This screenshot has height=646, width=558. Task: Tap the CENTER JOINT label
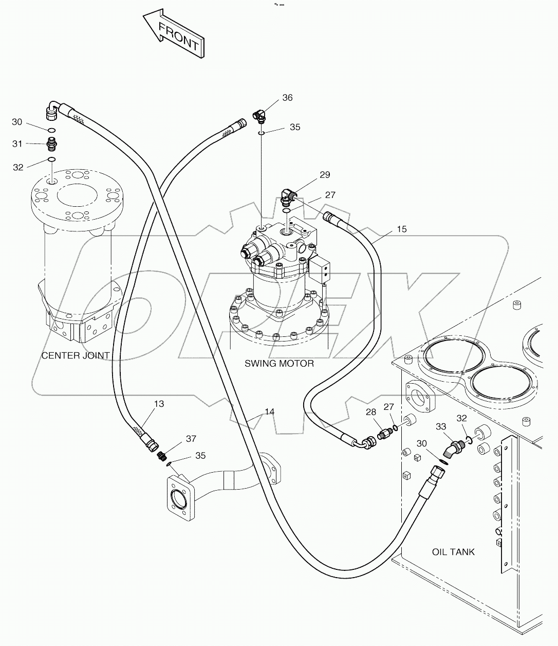(75, 355)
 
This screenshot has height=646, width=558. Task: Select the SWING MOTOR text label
(279, 364)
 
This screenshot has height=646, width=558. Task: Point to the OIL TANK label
(453, 552)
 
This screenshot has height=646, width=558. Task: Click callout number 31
(17, 143)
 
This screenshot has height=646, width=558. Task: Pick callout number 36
(287, 98)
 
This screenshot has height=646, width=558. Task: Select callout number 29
(324, 175)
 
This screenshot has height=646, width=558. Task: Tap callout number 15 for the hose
(402, 229)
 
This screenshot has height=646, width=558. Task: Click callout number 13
(159, 404)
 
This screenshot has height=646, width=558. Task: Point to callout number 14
(270, 411)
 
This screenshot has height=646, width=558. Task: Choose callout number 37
(191, 438)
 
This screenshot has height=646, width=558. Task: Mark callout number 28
(371, 412)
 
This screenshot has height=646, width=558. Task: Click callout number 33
(441, 426)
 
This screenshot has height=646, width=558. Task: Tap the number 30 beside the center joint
(17, 122)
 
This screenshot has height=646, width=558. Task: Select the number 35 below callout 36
(294, 127)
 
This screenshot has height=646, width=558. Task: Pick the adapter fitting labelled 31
(51, 142)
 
